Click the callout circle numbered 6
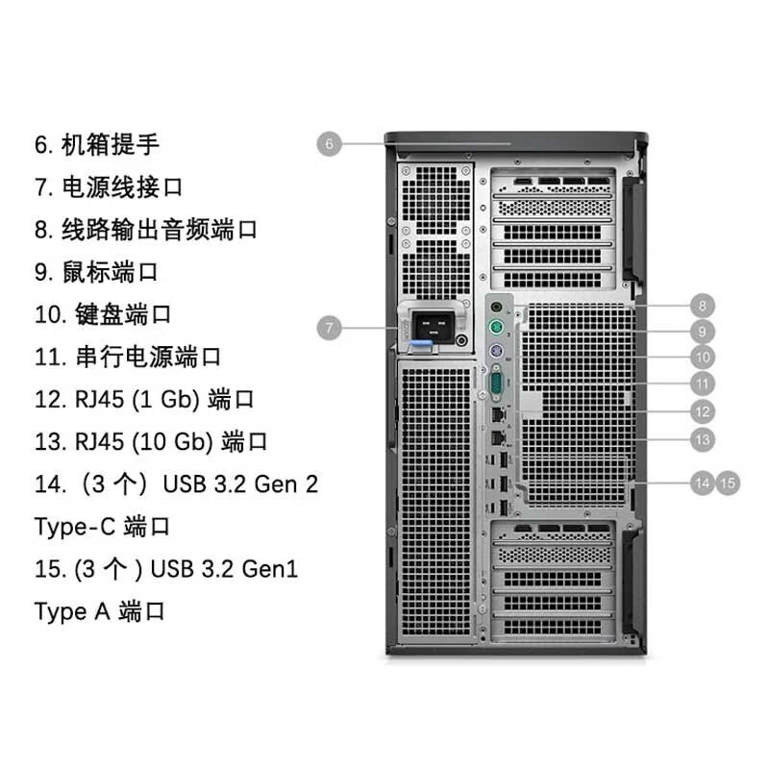(329, 143)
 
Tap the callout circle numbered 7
(329, 328)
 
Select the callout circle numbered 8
(703, 306)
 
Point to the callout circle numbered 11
(703, 384)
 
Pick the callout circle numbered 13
(703, 439)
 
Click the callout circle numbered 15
(728, 484)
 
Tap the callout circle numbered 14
(703, 484)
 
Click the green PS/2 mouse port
(496, 327)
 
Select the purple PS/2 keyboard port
(496, 351)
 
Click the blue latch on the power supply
(422, 346)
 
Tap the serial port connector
(496, 383)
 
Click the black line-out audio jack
(496, 308)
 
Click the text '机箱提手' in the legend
(111, 144)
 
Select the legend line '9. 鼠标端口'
(96, 272)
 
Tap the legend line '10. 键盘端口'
(103, 314)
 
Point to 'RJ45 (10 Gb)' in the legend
(144, 442)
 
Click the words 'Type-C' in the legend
(75, 527)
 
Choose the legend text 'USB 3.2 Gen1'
(224, 569)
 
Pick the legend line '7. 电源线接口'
(109, 186)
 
